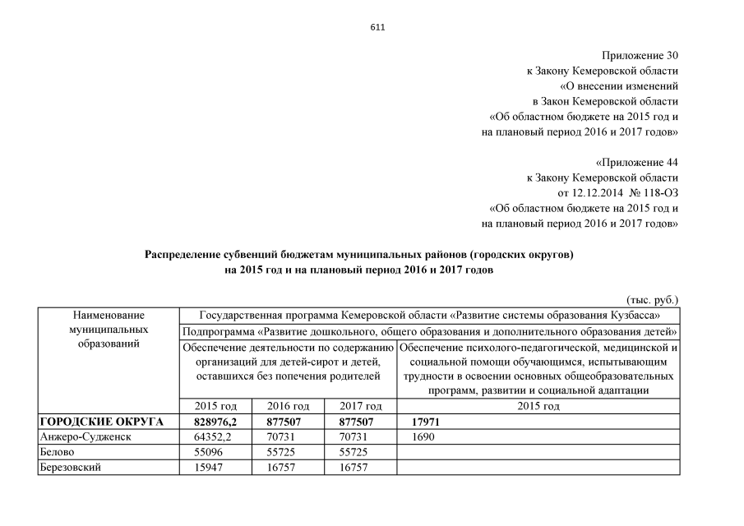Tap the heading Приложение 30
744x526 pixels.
point(640,56)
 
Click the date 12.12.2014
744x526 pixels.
point(609,192)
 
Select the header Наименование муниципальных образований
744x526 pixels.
point(109,330)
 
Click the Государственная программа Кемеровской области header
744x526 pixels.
point(428,315)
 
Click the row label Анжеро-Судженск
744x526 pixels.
point(86,437)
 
